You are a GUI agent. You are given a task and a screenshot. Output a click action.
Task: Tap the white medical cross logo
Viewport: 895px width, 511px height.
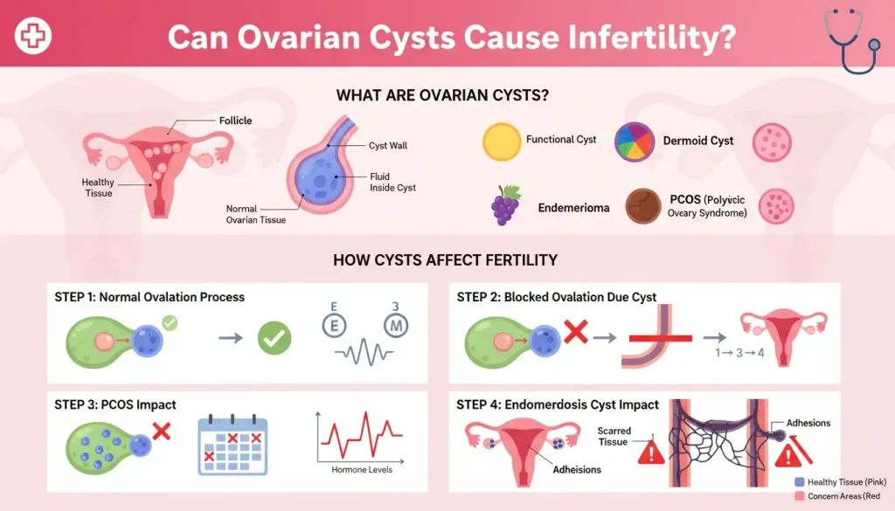tap(34, 36)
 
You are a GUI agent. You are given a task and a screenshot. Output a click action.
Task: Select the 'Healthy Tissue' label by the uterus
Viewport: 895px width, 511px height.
tap(98, 187)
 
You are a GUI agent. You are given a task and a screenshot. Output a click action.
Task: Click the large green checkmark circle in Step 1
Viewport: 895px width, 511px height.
tap(274, 337)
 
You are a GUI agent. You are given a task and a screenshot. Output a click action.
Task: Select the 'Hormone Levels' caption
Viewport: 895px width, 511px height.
tap(362, 470)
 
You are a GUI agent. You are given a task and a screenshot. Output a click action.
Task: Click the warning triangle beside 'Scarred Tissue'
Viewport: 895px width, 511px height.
tap(650, 452)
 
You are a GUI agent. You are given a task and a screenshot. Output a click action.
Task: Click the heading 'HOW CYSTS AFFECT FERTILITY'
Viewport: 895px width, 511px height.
tap(446, 260)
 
